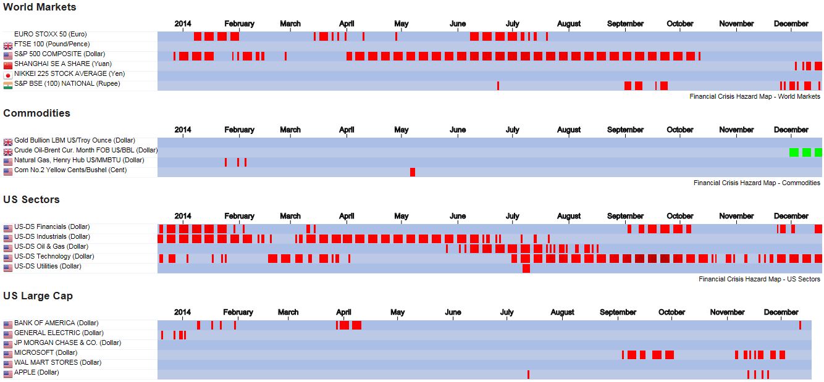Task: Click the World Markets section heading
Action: coord(40,7)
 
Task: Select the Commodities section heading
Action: coord(36,113)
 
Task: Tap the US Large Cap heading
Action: coord(38,296)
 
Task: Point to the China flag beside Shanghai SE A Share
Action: coord(8,65)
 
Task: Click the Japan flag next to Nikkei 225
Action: coord(8,75)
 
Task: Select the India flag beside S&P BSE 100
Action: coord(8,85)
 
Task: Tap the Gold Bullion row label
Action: coord(74,141)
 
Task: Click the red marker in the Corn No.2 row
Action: coord(413,172)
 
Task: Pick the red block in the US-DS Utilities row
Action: coord(526,268)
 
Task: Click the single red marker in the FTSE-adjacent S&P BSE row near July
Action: coord(498,86)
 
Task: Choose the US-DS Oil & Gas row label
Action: coord(51,247)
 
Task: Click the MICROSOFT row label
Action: coord(46,353)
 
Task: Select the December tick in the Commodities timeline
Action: coord(791,130)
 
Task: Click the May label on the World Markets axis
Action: coord(401,24)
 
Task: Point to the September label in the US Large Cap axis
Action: coord(618,312)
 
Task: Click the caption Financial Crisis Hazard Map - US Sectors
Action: coord(759,279)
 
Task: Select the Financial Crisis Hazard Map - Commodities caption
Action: coord(757,183)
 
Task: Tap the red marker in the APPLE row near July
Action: coord(528,375)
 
